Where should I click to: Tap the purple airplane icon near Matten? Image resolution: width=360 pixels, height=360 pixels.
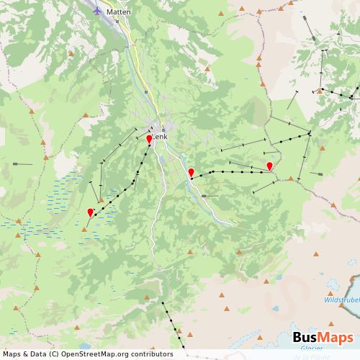(x=99, y=10)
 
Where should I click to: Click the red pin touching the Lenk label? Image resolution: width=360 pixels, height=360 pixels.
(x=149, y=138)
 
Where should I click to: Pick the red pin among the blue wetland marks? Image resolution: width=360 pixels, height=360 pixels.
(x=90, y=212)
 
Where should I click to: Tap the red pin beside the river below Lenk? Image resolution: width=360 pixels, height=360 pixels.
(x=191, y=172)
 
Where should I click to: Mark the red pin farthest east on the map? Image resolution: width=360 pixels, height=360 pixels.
(x=269, y=166)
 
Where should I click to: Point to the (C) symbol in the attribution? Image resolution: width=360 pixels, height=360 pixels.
(x=51, y=354)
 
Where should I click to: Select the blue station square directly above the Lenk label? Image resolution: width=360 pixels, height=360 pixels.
(x=153, y=127)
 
